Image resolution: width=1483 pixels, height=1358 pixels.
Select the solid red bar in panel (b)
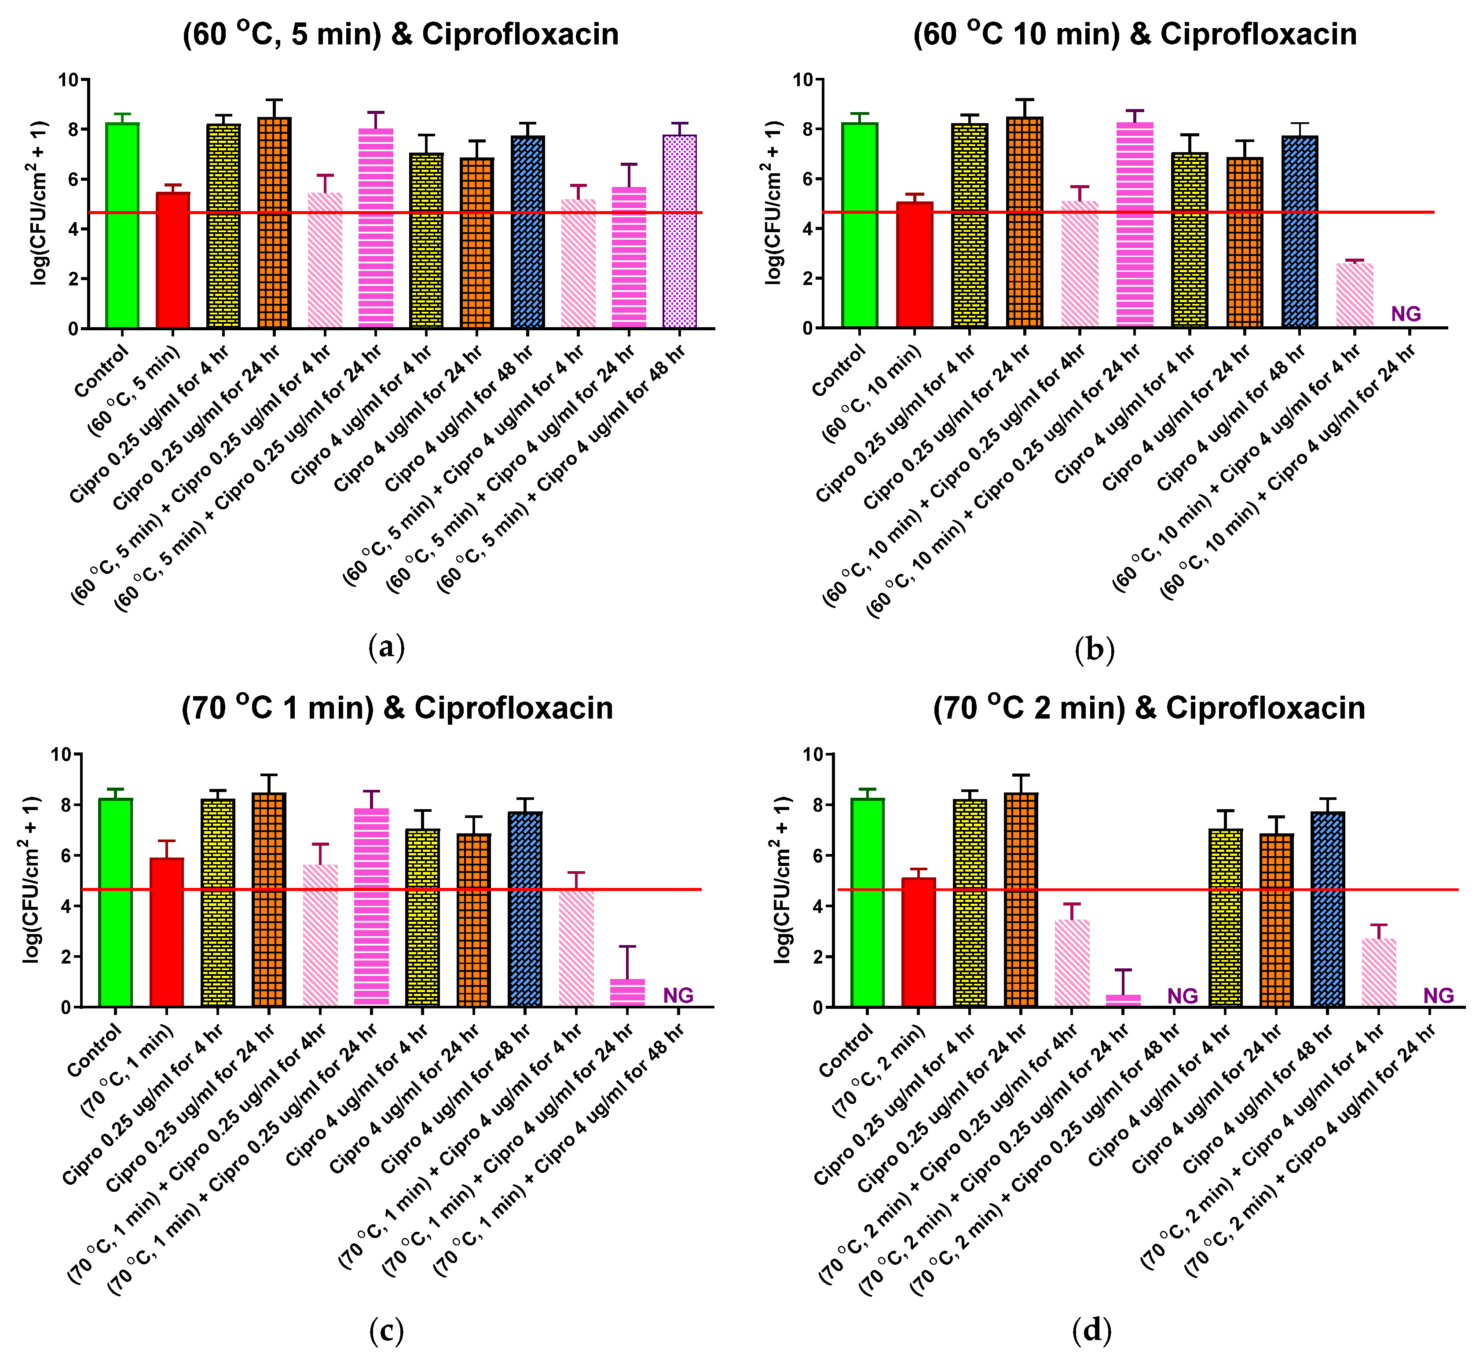pyautogui.click(x=914, y=265)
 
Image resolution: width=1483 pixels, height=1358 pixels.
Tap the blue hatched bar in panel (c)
pyautogui.click(x=524, y=909)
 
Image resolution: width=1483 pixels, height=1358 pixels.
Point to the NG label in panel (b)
pyautogui.click(x=1406, y=314)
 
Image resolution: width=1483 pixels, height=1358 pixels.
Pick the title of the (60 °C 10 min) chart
pyautogui.click(x=1134, y=35)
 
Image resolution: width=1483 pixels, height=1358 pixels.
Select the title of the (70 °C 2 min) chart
pyautogui.click(x=1149, y=708)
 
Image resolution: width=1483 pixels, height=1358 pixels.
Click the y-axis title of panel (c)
pyautogui.click(x=31, y=880)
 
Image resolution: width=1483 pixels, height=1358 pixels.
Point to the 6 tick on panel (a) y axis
pyautogui.click(x=73, y=179)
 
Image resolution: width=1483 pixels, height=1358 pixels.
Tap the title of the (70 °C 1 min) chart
pyautogui.click(x=397, y=708)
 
